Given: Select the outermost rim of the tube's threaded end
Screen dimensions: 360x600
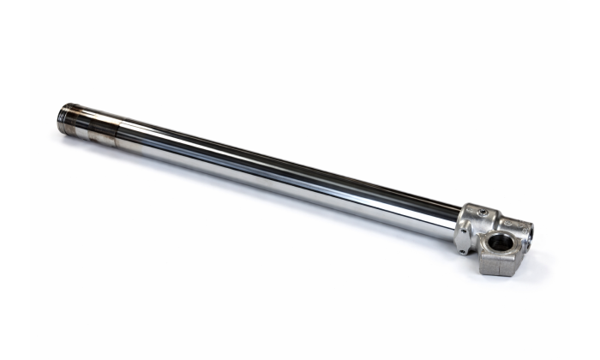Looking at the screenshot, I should (59, 117).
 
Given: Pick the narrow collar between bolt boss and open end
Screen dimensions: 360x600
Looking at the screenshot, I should (506, 221).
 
